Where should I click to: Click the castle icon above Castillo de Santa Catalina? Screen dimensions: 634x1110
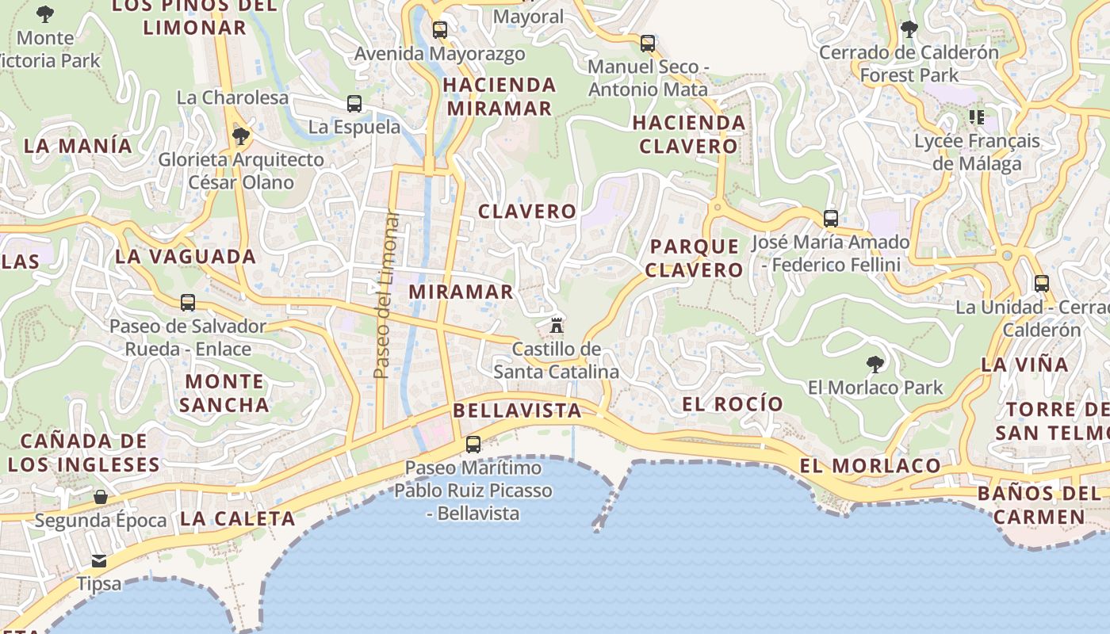(x=557, y=325)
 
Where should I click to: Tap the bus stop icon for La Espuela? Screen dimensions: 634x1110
(x=354, y=104)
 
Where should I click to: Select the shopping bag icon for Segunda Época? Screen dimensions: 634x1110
(x=101, y=497)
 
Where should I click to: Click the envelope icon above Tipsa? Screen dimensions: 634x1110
(x=99, y=561)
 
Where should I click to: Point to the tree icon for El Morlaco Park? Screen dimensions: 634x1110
(x=875, y=365)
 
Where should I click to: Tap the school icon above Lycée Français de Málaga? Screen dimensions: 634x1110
(x=977, y=118)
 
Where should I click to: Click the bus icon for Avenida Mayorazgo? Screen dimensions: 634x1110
(x=440, y=30)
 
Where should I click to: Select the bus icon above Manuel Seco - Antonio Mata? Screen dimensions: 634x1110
(x=648, y=43)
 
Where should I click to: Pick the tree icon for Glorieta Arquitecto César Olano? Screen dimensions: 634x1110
(x=240, y=136)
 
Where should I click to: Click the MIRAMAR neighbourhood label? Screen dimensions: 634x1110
(x=461, y=292)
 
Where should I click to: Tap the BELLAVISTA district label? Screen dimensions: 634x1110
(x=517, y=411)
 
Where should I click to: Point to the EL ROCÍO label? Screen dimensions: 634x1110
(x=733, y=404)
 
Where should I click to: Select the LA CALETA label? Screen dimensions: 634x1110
(x=238, y=519)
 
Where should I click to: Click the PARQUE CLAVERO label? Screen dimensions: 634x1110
(x=694, y=258)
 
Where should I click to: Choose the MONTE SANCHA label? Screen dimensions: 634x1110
(x=224, y=393)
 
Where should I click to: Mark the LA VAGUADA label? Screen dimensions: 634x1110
(x=186, y=257)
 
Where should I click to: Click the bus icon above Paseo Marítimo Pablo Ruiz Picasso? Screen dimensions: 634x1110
(x=473, y=445)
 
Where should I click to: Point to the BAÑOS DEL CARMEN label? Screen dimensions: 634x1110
(x=1039, y=506)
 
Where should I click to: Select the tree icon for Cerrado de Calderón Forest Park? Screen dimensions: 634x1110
(x=909, y=30)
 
